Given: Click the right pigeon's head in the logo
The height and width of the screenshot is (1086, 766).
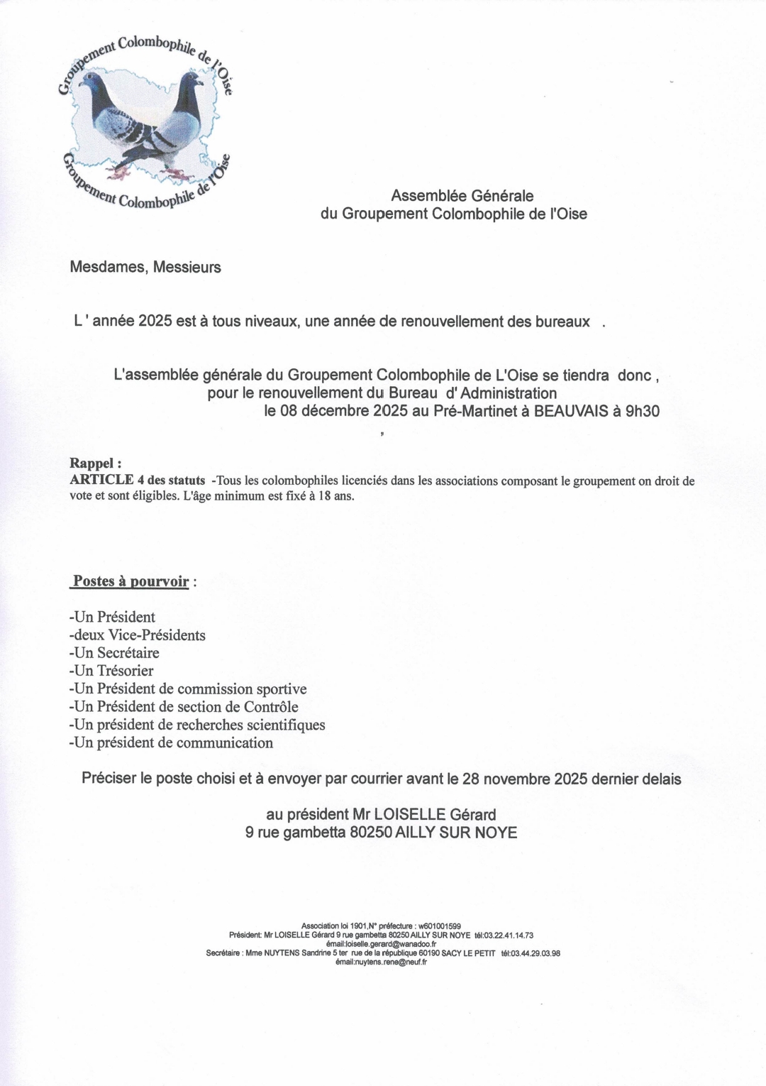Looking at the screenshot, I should point(191,79).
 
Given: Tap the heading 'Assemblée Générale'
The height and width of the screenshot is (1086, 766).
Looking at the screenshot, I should point(462,196).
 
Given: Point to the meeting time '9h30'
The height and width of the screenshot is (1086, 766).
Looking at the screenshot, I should point(642,411).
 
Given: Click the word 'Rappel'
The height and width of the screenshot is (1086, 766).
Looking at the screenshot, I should point(93,464).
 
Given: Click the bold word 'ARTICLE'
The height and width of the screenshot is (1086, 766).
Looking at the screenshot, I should point(102,480).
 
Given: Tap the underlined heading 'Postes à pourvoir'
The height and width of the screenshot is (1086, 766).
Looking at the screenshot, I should point(131,582).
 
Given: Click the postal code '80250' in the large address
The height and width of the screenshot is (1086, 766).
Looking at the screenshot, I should point(371,833).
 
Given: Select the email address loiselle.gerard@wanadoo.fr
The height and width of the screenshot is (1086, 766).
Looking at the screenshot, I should point(382,945).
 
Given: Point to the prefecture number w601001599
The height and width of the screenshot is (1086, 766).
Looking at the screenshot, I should point(440,926).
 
